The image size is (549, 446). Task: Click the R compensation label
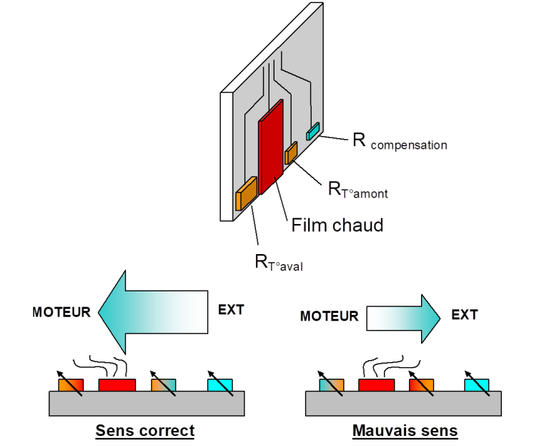400,141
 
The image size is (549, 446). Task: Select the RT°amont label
357,189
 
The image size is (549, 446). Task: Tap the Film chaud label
337,225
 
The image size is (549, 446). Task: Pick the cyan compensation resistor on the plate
313,131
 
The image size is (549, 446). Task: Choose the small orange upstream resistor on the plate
291,153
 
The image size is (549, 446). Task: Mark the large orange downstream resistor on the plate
246,193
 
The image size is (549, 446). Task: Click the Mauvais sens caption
405,431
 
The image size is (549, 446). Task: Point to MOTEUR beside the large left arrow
61,312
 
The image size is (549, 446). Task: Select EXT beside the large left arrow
230,310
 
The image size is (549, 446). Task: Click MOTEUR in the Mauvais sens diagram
330,316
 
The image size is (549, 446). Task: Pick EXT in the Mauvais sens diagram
465,314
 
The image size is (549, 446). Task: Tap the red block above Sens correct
117,385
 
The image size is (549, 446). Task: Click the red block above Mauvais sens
376,385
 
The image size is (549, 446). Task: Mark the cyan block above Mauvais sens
477,385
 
